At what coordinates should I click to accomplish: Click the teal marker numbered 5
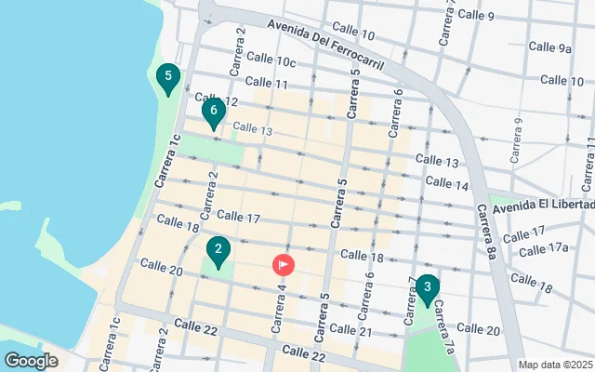[167, 78]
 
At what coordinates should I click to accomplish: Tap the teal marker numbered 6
[214, 113]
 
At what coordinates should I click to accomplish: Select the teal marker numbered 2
[218, 251]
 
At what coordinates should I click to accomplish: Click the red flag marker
[284, 265]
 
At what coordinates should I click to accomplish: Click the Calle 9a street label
[550, 47]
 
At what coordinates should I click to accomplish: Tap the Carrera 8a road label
[488, 232]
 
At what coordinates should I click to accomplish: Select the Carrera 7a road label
[443, 325]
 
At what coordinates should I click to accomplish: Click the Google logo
[31, 360]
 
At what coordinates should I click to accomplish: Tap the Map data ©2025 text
[555, 365]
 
